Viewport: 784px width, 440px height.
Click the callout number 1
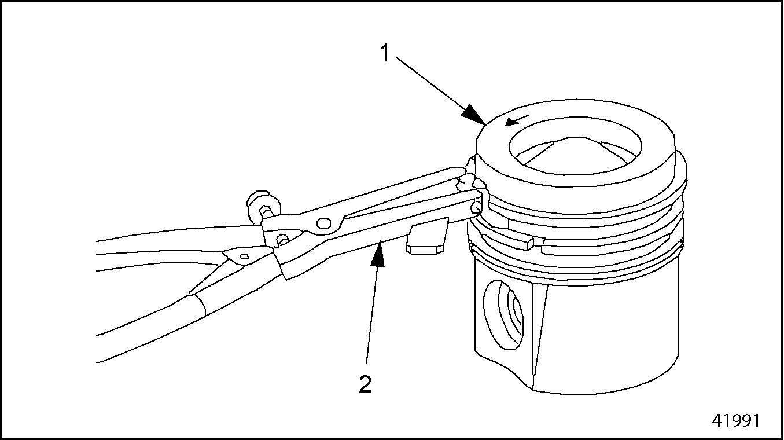coord(385,53)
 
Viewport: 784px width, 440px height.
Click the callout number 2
coord(365,384)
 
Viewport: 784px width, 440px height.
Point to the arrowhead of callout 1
coord(474,115)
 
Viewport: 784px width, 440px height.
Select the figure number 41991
coord(736,420)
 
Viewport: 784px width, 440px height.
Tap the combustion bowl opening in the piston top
coord(575,146)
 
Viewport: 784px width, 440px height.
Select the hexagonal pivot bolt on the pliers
coord(323,223)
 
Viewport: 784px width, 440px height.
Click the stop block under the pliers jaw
coord(427,236)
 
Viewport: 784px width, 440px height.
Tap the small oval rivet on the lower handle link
coord(245,256)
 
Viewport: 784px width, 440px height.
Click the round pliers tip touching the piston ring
coord(476,208)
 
